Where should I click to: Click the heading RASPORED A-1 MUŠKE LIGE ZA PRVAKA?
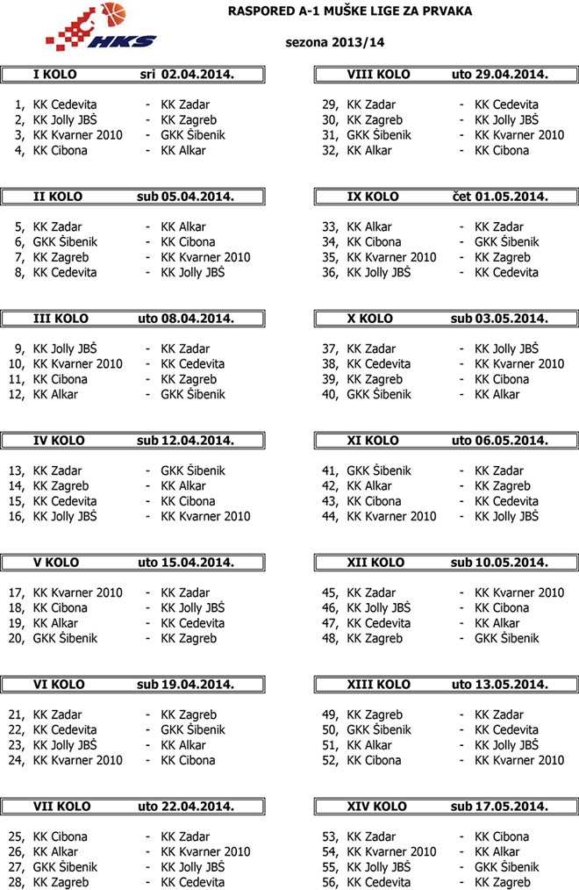[x=350, y=11]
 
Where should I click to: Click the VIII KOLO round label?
[x=379, y=75]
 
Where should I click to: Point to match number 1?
[x=19, y=104]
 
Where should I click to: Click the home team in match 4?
[x=61, y=150]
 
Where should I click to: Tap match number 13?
[x=17, y=470]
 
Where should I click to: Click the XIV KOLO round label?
[x=378, y=807]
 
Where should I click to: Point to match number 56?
[x=331, y=882]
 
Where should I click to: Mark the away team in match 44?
[x=506, y=516]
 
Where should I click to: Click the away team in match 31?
[x=519, y=135]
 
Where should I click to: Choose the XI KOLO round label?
[x=374, y=441]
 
